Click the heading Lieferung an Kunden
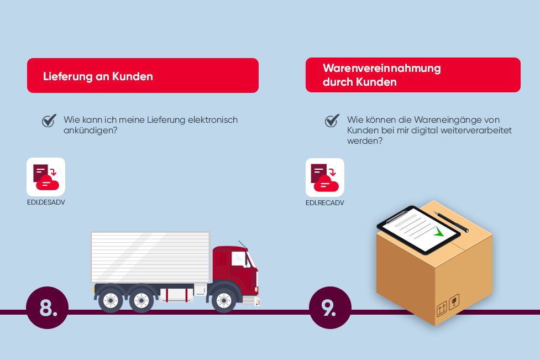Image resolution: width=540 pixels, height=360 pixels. point(98,76)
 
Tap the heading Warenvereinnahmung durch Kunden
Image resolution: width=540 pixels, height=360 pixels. point(381,75)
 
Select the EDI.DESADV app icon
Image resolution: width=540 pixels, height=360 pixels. point(46,177)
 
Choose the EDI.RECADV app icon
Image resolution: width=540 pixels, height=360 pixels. point(325,178)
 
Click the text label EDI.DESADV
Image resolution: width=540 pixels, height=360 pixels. point(46,202)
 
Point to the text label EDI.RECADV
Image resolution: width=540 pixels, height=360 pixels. point(325,203)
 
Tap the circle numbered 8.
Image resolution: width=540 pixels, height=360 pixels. point(47,307)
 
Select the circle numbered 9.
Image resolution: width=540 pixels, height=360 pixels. point(330,307)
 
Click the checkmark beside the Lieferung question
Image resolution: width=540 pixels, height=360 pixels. point(49,120)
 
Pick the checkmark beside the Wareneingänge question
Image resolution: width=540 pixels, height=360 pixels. point(332,120)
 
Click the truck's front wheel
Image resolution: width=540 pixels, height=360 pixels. point(223,301)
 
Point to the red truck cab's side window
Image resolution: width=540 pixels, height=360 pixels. point(239,259)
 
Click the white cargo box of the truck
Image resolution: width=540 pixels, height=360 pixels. point(150,257)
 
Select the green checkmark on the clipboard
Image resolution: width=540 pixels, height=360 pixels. point(438,232)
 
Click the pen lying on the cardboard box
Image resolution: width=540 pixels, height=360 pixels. point(451,222)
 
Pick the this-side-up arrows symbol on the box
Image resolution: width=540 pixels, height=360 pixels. point(442,309)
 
